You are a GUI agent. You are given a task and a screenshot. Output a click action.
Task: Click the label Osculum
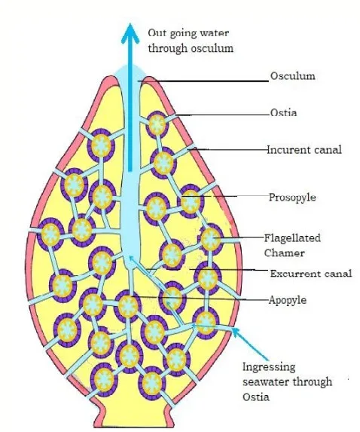point(292,75)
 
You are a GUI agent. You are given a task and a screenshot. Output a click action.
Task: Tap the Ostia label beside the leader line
point(283,112)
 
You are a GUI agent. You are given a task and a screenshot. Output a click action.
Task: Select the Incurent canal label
point(304,150)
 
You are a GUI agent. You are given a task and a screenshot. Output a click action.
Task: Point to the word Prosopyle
point(292,198)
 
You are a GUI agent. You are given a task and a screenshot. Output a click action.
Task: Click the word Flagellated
point(292,238)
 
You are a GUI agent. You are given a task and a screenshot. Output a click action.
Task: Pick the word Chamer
point(285,253)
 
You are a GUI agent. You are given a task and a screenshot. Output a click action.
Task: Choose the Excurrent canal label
point(311,274)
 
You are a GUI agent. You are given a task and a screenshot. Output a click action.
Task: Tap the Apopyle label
point(288,300)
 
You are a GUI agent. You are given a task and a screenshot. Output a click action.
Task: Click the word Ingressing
point(269,367)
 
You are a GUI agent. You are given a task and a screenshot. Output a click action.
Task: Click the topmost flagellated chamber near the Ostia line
point(157,124)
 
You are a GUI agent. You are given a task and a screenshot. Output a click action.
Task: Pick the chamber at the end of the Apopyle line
point(128,306)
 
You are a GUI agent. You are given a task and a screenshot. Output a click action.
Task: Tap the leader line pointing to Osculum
point(203,81)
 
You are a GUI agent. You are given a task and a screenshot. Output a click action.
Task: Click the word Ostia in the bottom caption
point(255,397)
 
